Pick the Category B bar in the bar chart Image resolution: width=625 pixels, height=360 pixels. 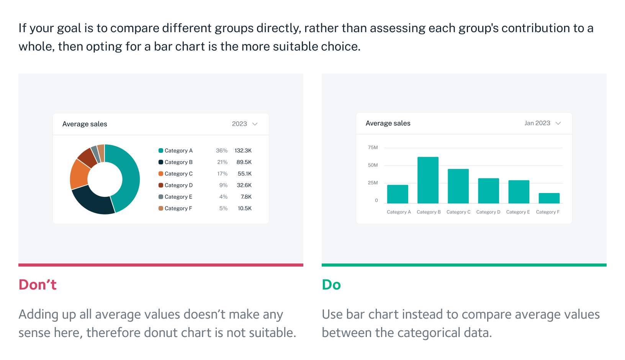pyautogui.click(x=428, y=180)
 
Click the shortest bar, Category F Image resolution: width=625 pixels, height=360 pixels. pyautogui.click(x=549, y=198)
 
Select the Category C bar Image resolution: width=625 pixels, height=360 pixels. pyautogui.click(x=458, y=186)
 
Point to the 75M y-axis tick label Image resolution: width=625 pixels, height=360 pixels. pyautogui.click(x=373, y=147)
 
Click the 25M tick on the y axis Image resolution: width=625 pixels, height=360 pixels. pyautogui.click(x=373, y=183)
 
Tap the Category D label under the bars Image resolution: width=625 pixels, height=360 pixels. pyautogui.click(x=488, y=212)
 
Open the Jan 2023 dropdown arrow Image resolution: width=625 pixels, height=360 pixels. pyautogui.click(x=558, y=123)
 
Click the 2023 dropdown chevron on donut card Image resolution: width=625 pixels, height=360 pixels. pyautogui.click(x=255, y=124)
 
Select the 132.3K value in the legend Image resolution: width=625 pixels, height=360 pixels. pyautogui.click(x=243, y=151)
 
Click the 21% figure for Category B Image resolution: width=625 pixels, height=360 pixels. pyautogui.click(x=222, y=162)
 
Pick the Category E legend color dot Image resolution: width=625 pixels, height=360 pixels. pyautogui.click(x=161, y=197)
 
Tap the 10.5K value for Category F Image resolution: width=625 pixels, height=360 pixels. pyautogui.click(x=244, y=208)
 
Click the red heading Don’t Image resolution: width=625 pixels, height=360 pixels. pyautogui.click(x=38, y=285)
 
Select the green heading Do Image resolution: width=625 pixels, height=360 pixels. pyautogui.click(x=331, y=285)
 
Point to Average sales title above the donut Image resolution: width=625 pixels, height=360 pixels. pyautogui.click(x=85, y=124)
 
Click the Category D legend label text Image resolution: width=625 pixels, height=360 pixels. pyautogui.click(x=178, y=185)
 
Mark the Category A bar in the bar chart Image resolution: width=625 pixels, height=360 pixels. pyautogui.click(x=398, y=194)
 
